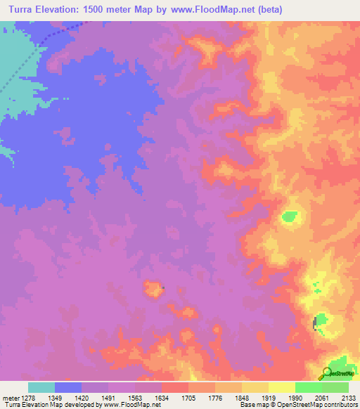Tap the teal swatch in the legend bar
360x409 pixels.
pyautogui.click(x=41, y=387)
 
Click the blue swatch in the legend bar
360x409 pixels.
pyautogui.click(x=68, y=387)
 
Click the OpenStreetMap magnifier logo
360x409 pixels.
pyautogui.click(x=326, y=373)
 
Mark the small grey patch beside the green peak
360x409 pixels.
pyautogui.click(x=314, y=323)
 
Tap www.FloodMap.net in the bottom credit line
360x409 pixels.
pyautogui.click(x=134, y=404)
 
